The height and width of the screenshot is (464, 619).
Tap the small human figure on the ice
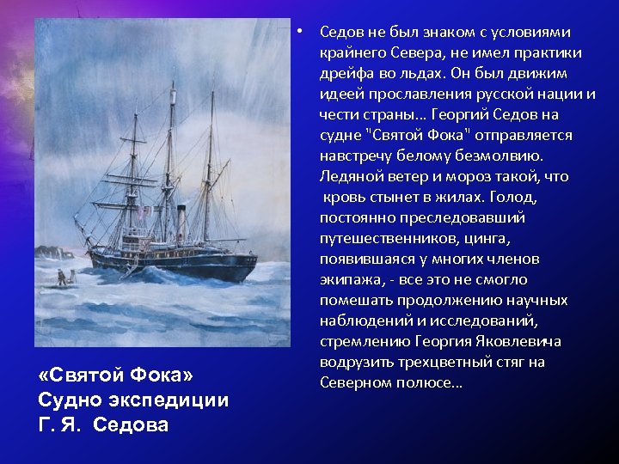point(61,276)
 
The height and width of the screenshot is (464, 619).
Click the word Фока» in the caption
point(164,376)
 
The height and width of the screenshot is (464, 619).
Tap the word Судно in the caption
point(66,400)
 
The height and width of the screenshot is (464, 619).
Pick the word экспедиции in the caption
point(168,400)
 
